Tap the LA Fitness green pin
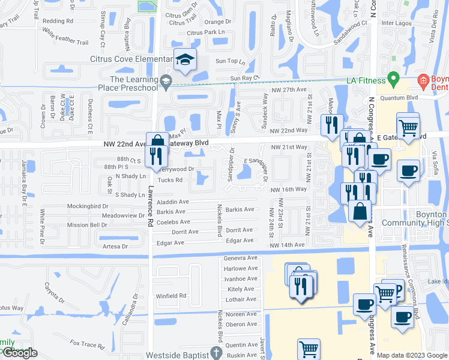click(x=394, y=79)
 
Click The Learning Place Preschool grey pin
click(x=166, y=80)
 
